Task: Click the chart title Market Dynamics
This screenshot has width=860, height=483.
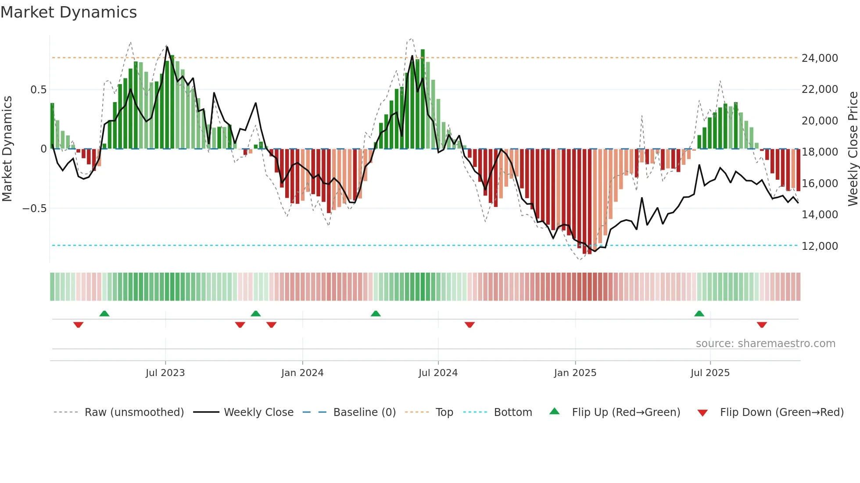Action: [68, 12]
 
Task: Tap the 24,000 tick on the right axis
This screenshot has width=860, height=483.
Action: [819, 58]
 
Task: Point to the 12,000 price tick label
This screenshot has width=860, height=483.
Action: [819, 246]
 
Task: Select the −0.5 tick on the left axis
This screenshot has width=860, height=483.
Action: [34, 209]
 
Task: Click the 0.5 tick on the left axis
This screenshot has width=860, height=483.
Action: [38, 90]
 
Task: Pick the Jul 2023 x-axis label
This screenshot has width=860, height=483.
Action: [165, 373]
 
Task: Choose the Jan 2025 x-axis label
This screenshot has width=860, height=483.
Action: [575, 373]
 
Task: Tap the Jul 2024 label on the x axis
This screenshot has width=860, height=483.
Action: [438, 373]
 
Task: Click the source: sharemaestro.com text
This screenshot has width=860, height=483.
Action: [765, 344]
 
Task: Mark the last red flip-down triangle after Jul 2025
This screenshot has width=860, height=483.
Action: [762, 325]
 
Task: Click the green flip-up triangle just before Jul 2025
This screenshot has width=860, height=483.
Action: [699, 314]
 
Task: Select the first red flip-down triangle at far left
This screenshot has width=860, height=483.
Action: [78, 325]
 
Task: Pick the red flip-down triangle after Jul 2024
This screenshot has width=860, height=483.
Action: [469, 325]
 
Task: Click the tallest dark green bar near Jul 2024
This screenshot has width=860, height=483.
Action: [423, 99]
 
